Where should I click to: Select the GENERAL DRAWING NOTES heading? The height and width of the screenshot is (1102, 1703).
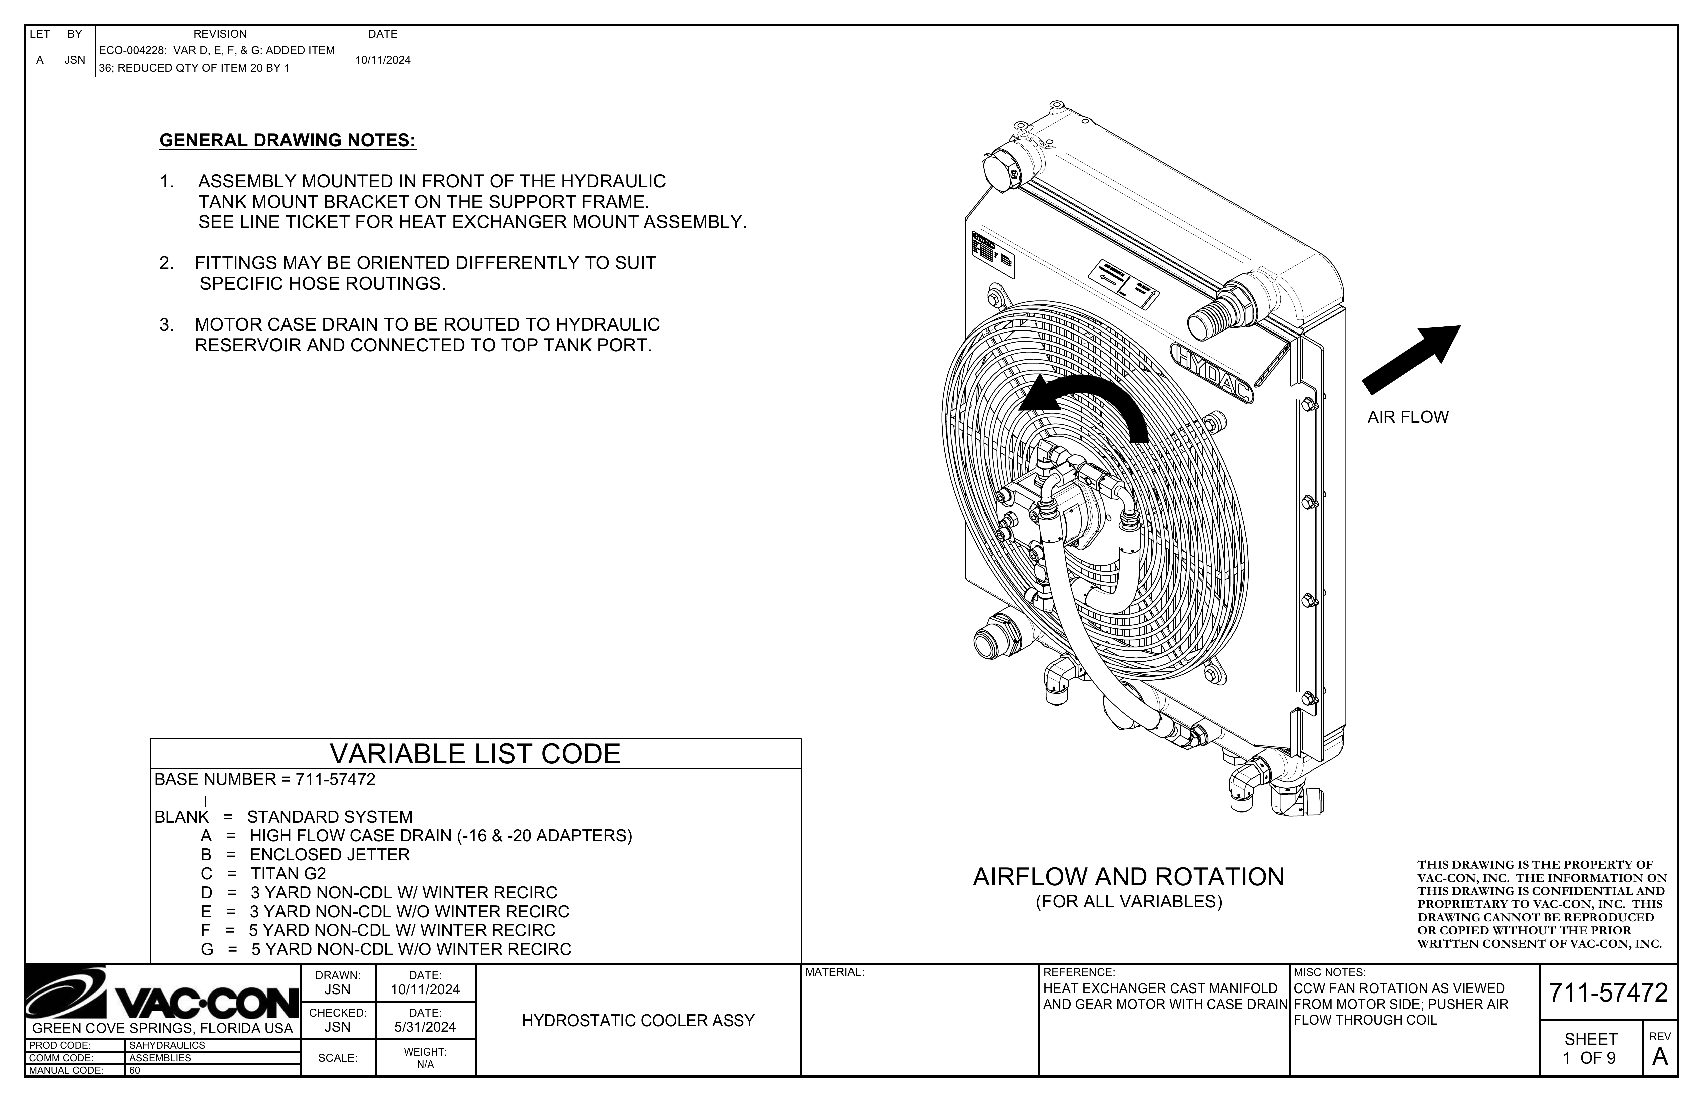[x=287, y=140]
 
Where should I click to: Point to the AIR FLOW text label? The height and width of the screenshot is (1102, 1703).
[x=1407, y=417]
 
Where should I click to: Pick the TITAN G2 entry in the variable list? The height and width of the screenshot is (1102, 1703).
[x=289, y=874]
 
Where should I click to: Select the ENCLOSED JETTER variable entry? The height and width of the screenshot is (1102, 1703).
[x=330, y=854]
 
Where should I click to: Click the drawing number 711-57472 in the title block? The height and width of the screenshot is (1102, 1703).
[x=1608, y=993]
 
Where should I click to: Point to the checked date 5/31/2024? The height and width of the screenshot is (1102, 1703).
[x=425, y=1027]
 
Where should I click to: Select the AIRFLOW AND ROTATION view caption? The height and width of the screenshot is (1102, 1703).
[x=1128, y=877]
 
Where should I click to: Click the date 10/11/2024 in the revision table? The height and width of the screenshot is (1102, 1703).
[x=383, y=60]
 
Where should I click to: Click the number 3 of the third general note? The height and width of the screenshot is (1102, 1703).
[x=165, y=325]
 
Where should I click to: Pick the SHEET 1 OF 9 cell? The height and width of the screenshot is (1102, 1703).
[x=1591, y=1048]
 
